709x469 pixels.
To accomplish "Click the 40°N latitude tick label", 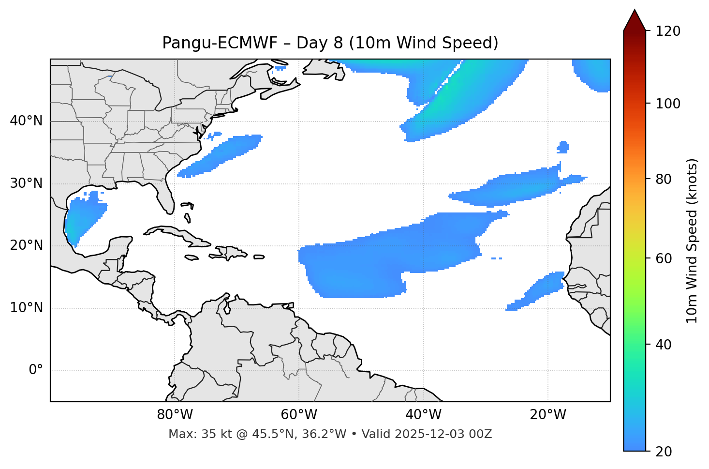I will [x=26, y=121].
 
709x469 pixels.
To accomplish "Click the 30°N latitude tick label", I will [x=26, y=183].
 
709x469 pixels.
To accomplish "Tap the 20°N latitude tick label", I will [x=26, y=245].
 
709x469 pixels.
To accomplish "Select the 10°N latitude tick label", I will [x=26, y=308].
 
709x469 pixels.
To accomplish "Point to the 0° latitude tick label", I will [x=36, y=370].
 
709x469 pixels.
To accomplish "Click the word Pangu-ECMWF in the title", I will [x=220, y=43].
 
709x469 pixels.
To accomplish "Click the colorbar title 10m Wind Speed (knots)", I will [x=692, y=241].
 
